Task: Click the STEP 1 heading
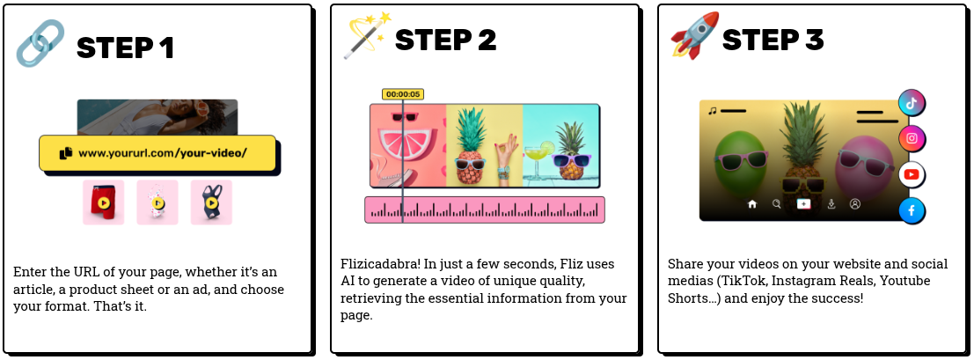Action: click(125, 47)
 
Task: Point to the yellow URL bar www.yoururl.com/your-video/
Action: click(157, 153)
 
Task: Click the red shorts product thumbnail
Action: click(103, 202)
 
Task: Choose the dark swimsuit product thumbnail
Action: click(211, 202)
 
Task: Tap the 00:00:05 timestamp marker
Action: click(403, 94)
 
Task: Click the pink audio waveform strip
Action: click(485, 209)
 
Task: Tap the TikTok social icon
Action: click(912, 103)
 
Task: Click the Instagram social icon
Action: click(912, 138)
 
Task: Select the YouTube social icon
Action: click(912, 174)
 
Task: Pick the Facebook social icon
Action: click(912, 210)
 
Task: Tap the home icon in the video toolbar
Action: click(752, 203)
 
